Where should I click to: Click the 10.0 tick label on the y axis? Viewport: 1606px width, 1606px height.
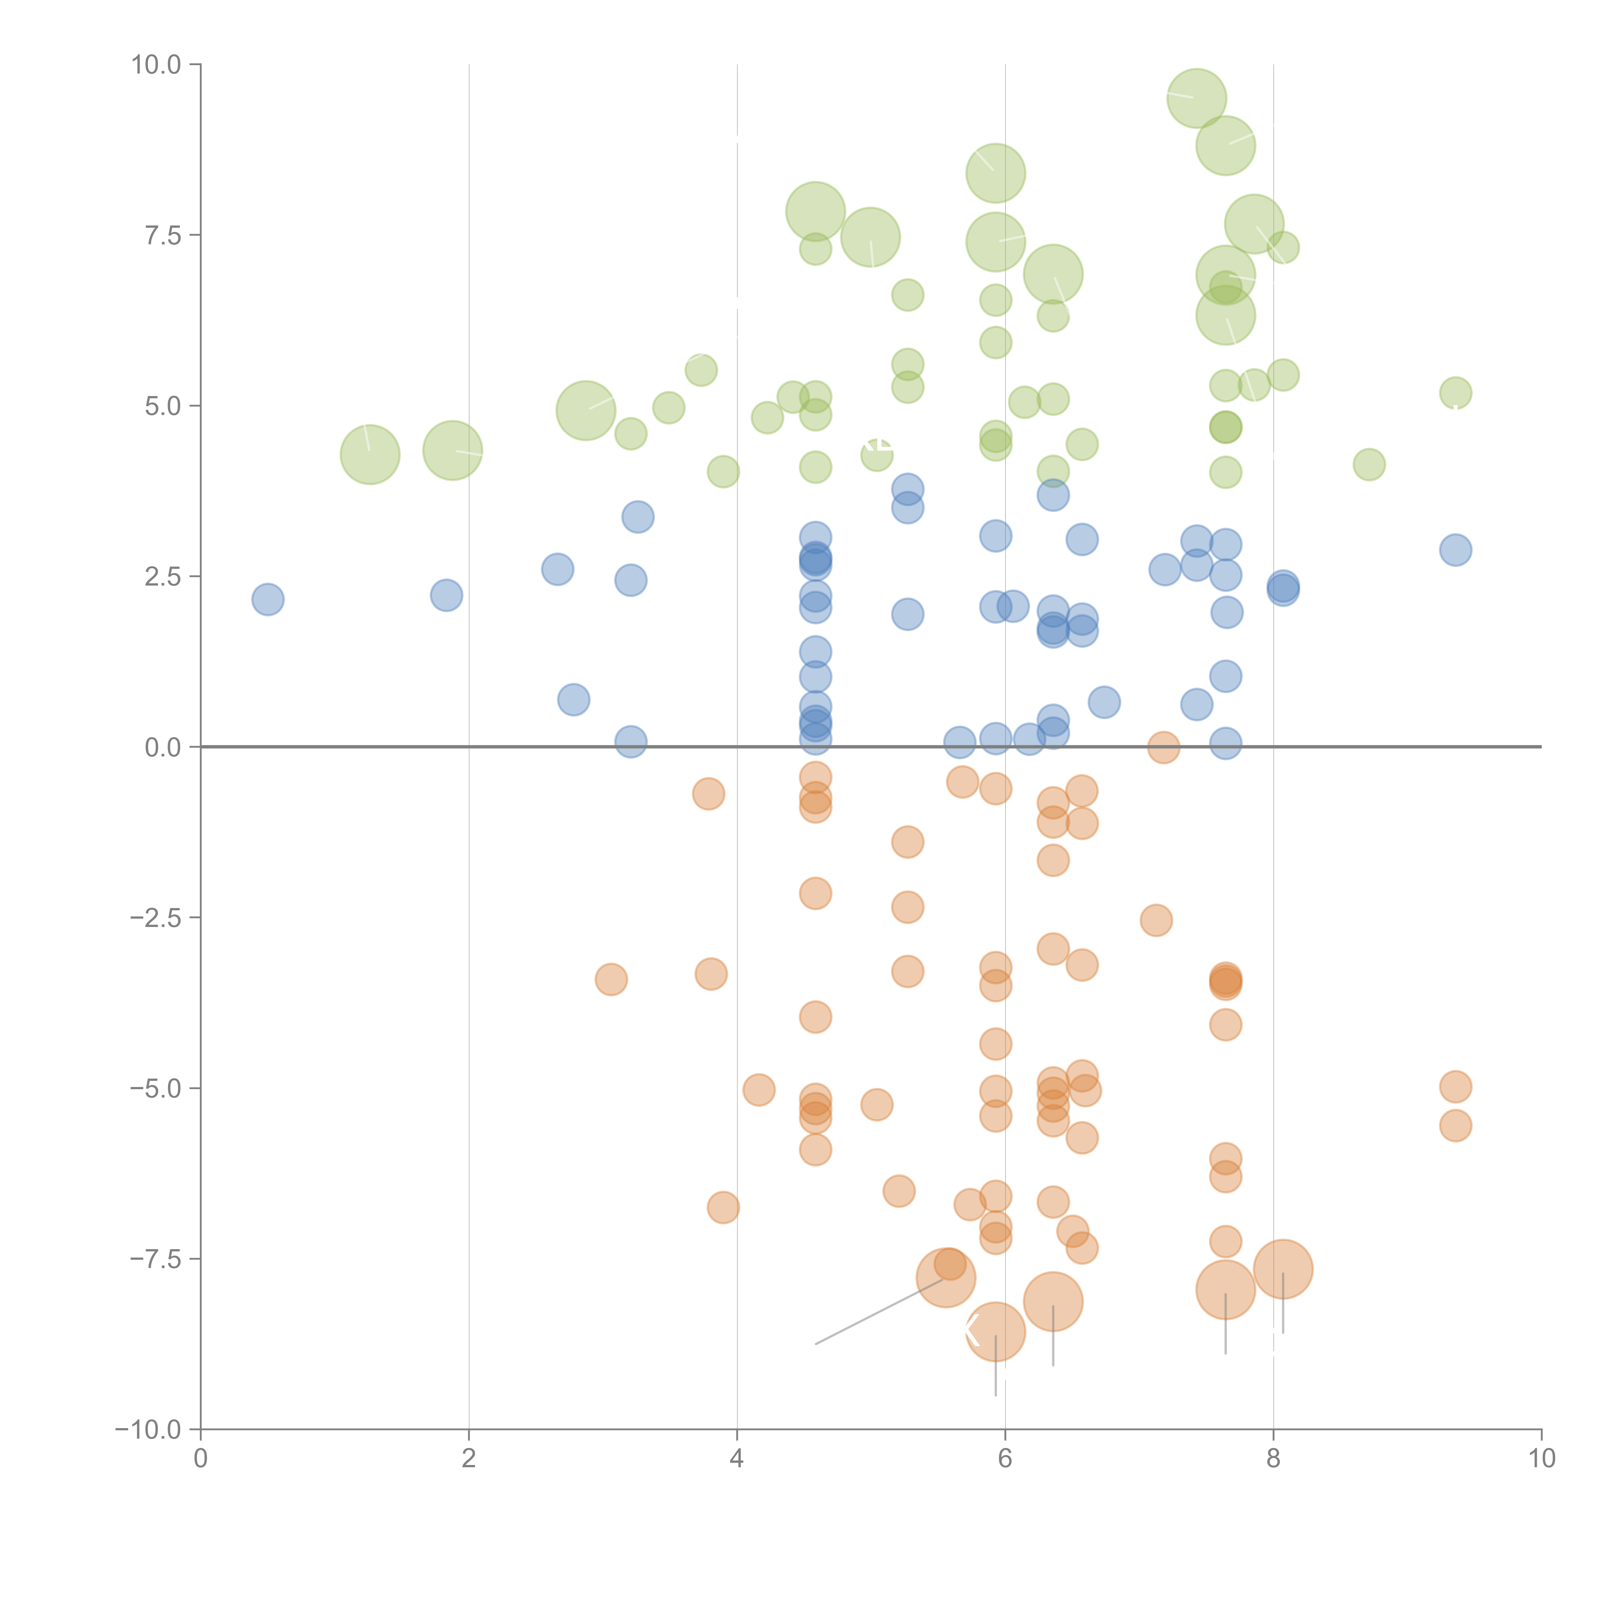pyautogui.click(x=156, y=65)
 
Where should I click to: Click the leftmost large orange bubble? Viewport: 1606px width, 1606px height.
pyautogui.click(x=946, y=1278)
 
